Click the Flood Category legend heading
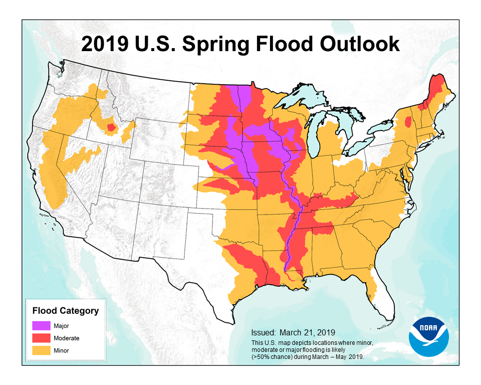pos(65,311)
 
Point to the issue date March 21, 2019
pos(293,332)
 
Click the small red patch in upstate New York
pos(408,122)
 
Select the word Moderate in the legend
pos(67,338)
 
